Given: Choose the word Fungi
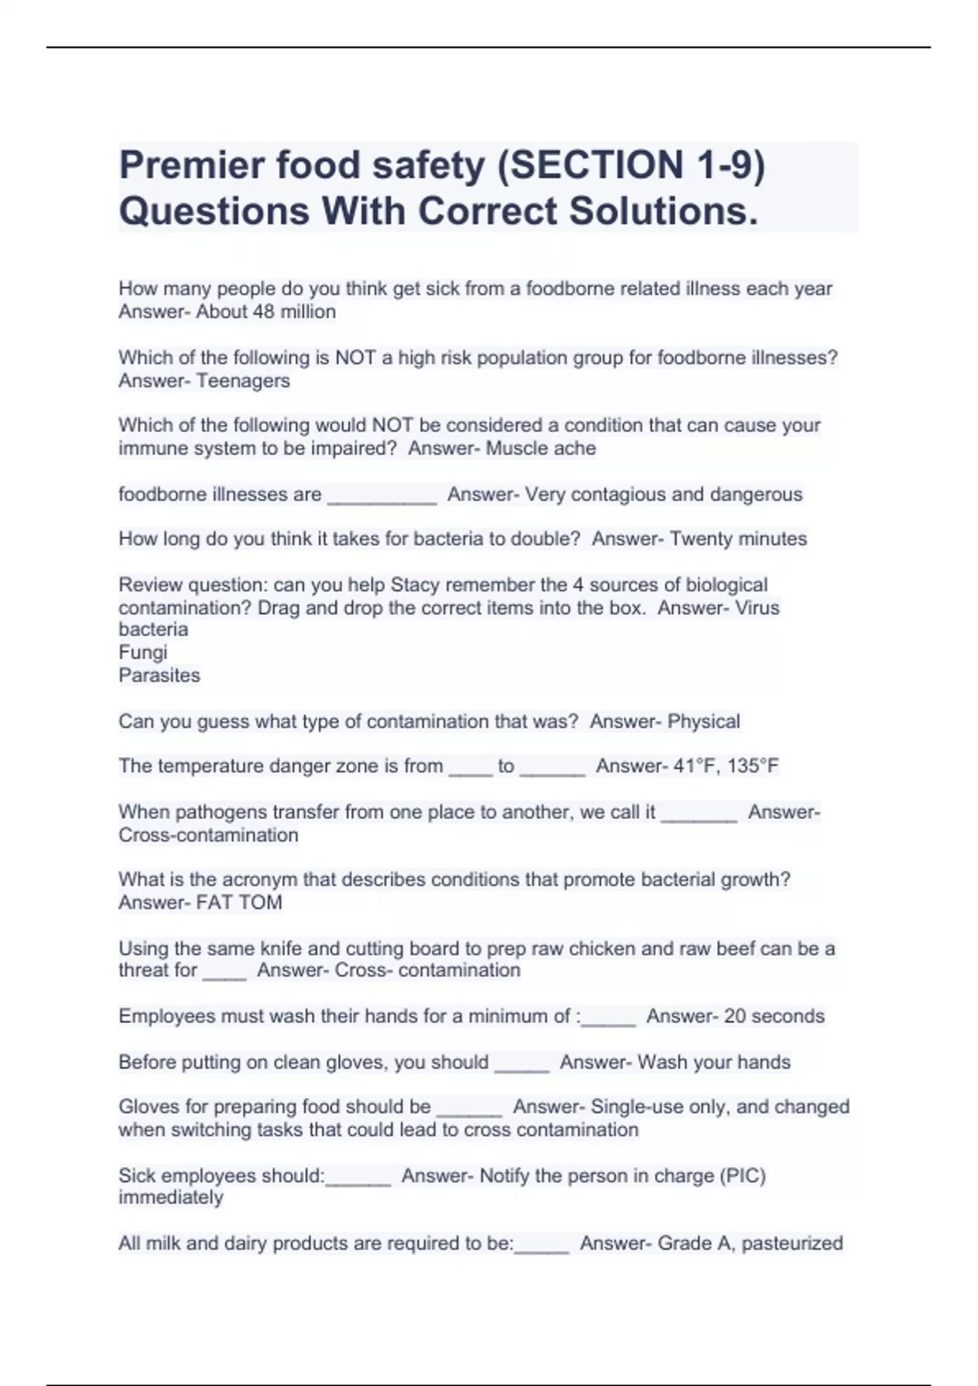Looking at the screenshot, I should [x=143, y=652].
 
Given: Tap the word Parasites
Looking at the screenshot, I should [x=159, y=675].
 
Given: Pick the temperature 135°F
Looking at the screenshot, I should [x=753, y=766].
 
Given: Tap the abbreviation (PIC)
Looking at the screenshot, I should [x=742, y=1176].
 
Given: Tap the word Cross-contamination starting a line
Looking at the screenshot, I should [x=208, y=835].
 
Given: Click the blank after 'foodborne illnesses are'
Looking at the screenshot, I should [x=382, y=496].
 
